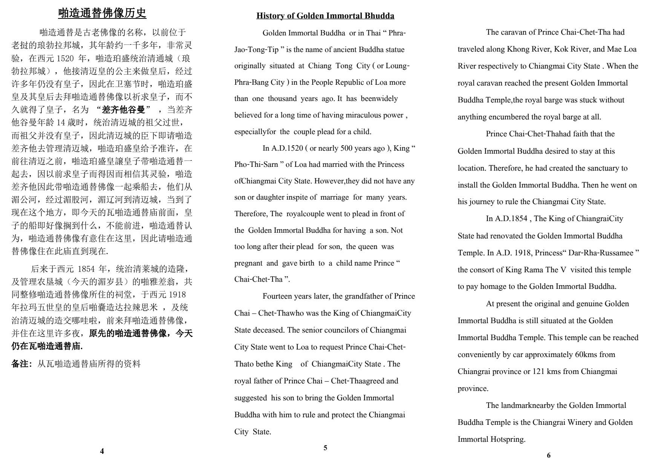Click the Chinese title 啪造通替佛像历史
[102, 13]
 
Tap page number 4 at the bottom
[102, 452]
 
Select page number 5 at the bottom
[325, 448]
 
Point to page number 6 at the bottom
[548, 455]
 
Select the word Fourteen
[277, 296]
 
